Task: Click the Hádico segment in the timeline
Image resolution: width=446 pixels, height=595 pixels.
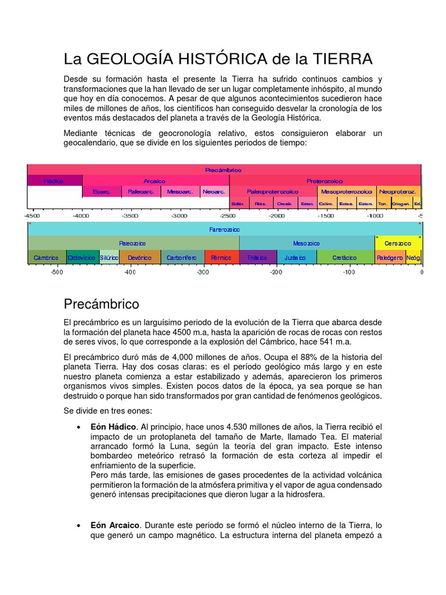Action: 54,181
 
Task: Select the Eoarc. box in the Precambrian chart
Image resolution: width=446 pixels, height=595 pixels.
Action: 102,191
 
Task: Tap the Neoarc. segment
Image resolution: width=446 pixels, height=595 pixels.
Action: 214,191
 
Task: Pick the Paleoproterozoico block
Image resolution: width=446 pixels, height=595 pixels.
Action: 272,191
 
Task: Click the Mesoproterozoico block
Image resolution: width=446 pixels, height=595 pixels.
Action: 346,191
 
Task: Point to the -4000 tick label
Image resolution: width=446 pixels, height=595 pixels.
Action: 81,216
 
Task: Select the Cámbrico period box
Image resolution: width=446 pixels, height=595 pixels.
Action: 46,257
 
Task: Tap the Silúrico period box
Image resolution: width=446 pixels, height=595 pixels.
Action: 109,257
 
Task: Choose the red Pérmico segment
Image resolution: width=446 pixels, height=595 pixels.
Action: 221,257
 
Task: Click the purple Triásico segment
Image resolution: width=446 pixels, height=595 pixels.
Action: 257,257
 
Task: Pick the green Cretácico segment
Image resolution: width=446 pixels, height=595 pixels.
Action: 344,257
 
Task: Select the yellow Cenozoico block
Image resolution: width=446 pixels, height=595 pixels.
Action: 398,243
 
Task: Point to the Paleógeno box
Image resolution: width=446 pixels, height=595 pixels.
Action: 390,257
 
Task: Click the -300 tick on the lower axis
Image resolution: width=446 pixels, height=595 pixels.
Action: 203,271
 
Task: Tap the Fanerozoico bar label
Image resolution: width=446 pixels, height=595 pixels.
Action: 224,230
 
